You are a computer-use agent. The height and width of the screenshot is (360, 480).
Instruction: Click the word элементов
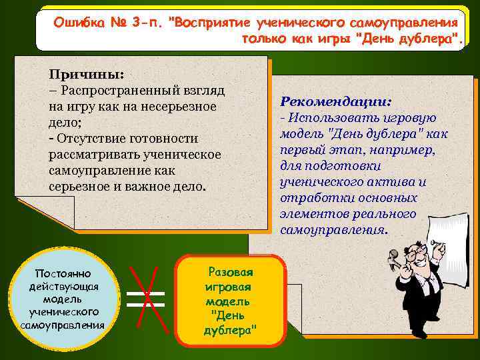[x=311, y=214]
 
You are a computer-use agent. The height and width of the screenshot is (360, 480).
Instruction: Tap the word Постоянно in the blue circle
[x=63, y=274]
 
